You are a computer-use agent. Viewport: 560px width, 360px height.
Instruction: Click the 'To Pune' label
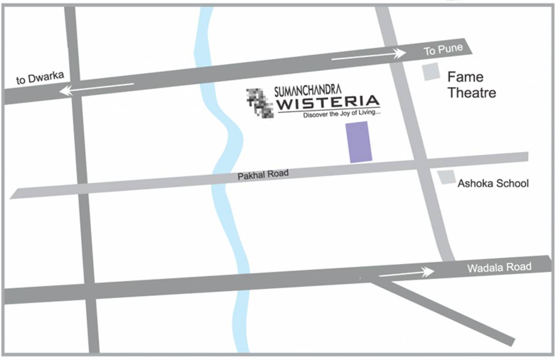tap(443, 49)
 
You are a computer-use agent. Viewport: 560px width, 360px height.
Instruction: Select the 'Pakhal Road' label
tap(263, 174)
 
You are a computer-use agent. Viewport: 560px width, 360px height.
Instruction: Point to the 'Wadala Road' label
tap(499, 267)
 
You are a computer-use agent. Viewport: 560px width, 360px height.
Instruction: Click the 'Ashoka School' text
tap(493, 183)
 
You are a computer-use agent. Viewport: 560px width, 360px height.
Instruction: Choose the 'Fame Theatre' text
tap(471, 85)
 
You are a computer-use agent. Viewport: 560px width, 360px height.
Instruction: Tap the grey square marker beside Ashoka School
tap(446, 177)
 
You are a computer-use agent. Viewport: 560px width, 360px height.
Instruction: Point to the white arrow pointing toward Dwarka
tap(97, 89)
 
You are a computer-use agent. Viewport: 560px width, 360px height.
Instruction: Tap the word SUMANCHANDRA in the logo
tap(308, 89)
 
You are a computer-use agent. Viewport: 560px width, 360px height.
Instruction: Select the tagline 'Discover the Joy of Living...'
tap(341, 114)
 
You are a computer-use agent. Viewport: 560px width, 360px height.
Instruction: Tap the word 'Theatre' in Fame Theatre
tap(471, 92)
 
